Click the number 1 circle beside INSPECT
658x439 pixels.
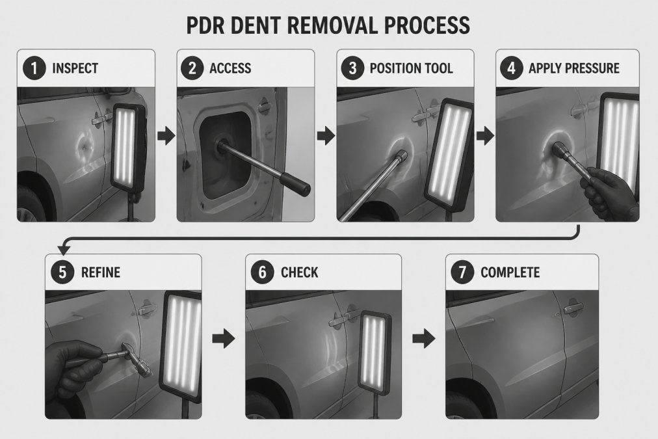click(34, 68)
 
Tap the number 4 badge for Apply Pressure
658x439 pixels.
click(511, 68)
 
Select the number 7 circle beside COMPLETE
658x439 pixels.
click(462, 272)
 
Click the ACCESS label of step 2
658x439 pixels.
click(230, 68)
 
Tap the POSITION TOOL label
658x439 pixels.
click(411, 68)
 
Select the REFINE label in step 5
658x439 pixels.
click(101, 273)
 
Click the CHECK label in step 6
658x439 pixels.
click(299, 273)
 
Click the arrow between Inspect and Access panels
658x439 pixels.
click(166, 135)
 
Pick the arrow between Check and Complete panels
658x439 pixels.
click(423, 338)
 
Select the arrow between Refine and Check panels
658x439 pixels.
click(223, 338)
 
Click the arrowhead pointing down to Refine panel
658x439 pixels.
click(63, 250)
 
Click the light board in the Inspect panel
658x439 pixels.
click(128, 148)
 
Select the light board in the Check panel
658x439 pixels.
click(375, 353)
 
